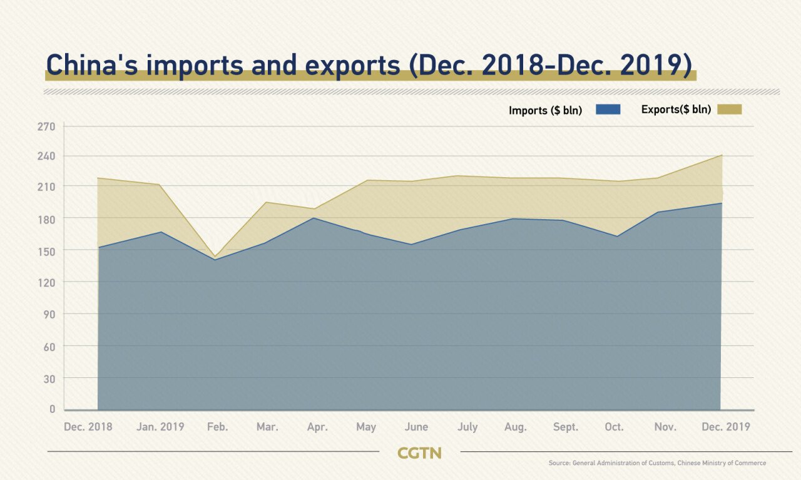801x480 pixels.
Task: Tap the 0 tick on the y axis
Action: point(53,409)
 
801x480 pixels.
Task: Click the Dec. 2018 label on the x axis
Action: point(88,427)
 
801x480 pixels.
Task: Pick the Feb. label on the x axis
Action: point(217,427)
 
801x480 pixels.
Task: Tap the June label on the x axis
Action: point(416,427)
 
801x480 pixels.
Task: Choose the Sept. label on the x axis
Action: point(566,427)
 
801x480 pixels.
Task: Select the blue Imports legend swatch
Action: point(608,110)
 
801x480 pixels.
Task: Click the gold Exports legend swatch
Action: point(729,110)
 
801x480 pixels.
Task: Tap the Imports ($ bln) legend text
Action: point(545,111)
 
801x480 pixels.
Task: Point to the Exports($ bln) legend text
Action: point(676,110)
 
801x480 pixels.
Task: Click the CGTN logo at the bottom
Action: point(419,453)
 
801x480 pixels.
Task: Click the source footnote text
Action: point(657,463)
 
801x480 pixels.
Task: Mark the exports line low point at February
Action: point(216,256)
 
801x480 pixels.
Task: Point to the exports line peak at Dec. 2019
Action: point(722,155)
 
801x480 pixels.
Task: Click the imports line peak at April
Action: point(312,218)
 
